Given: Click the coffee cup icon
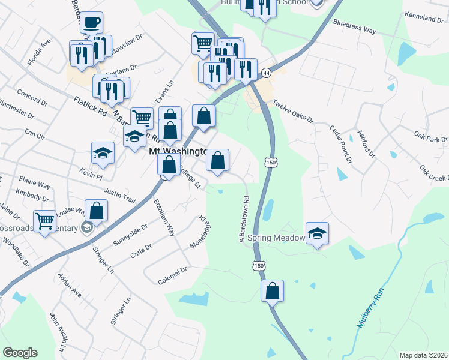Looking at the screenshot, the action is [91, 23].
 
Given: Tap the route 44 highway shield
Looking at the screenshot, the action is [266, 73].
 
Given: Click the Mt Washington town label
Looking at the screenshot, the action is [178, 152].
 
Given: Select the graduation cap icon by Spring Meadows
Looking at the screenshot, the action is [317, 233].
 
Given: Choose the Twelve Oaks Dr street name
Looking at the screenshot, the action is [294, 111].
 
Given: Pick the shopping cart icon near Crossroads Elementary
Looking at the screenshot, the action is [45, 221].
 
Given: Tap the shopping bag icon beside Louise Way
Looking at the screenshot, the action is [97, 211].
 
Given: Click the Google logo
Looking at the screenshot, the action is [20, 353].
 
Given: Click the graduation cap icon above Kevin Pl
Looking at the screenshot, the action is [103, 153].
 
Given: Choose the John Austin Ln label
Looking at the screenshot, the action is [58, 331].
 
